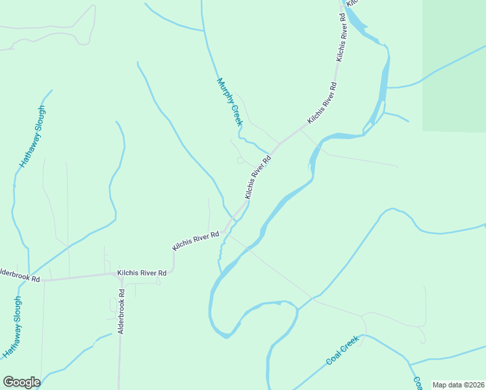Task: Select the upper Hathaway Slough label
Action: point(32,137)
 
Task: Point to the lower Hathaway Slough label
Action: point(12,328)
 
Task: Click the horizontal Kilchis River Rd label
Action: point(142,274)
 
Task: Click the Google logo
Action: point(21,382)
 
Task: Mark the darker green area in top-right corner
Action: point(455,65)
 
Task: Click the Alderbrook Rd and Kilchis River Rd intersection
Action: point(118,275)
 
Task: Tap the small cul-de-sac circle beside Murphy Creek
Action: point(240,160)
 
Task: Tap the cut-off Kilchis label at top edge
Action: point(352,3)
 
